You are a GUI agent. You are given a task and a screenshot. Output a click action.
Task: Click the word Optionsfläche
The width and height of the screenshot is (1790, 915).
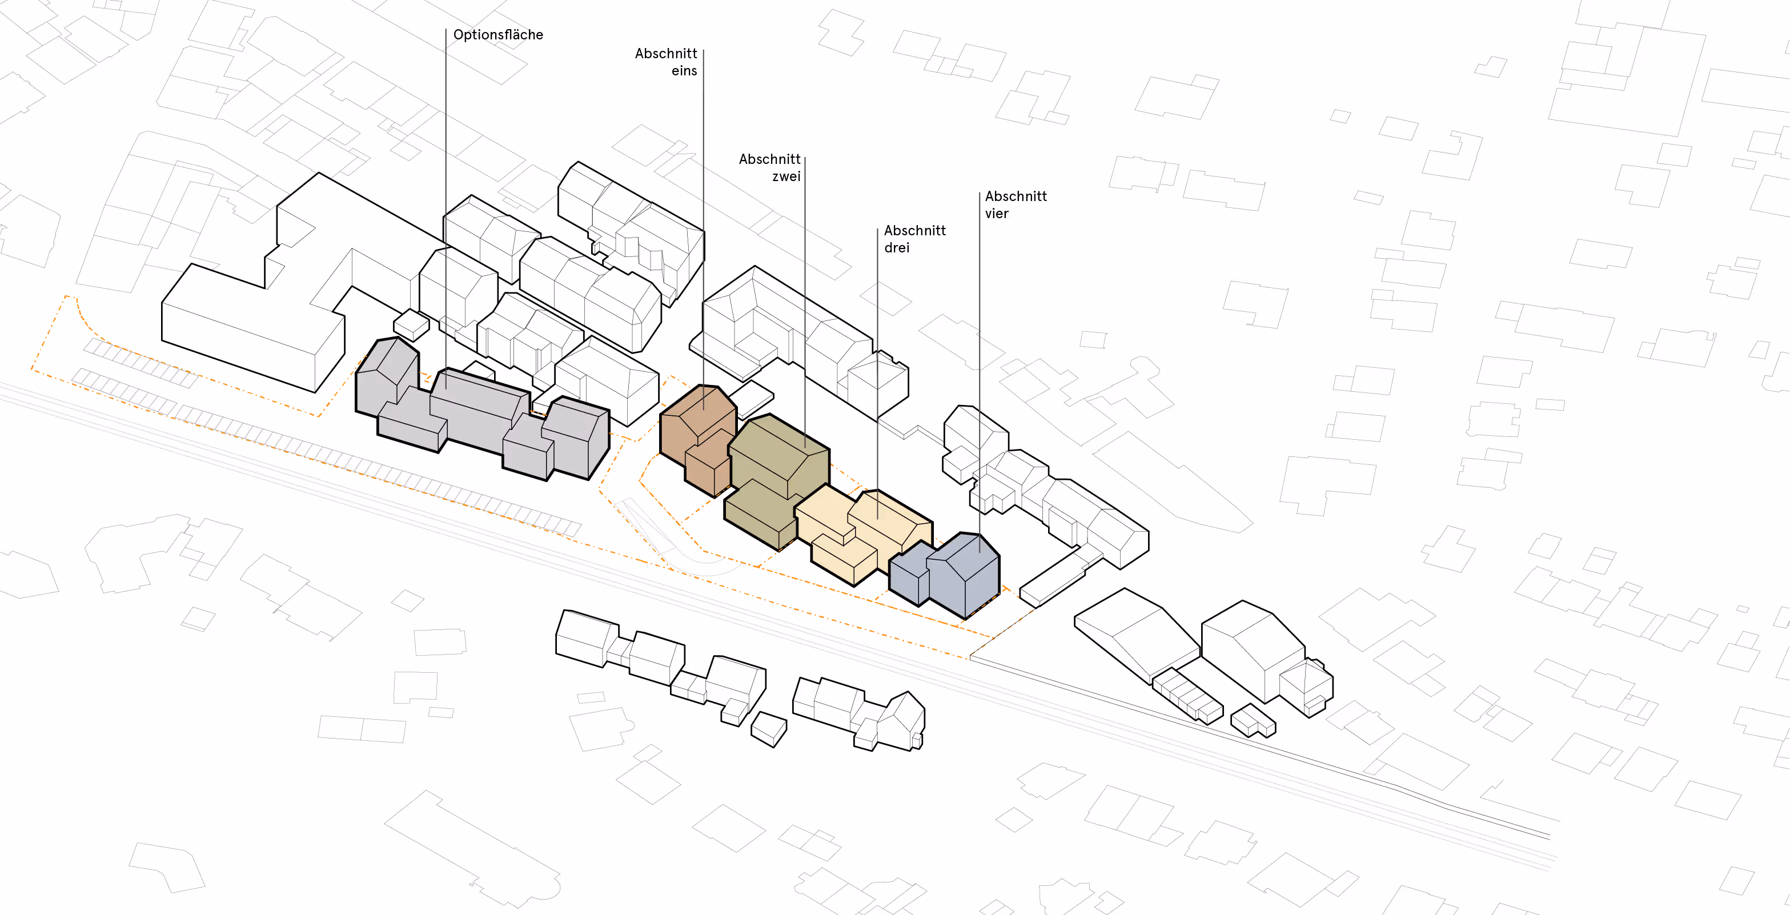click(497, 35)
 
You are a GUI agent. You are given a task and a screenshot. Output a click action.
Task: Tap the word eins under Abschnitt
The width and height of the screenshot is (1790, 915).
click(684, 71)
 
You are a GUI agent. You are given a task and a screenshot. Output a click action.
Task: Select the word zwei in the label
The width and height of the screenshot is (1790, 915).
click(786, 176)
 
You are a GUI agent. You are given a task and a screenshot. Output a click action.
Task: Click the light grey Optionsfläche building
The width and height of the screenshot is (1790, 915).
click(479, 417)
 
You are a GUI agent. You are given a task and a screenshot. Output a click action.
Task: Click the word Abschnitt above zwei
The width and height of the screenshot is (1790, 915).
click(769, 159)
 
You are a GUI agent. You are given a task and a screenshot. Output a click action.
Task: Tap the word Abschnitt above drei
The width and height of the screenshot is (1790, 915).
click(914, 231)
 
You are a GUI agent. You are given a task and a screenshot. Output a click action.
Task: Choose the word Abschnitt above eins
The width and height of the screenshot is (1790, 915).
click(666, 54)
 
